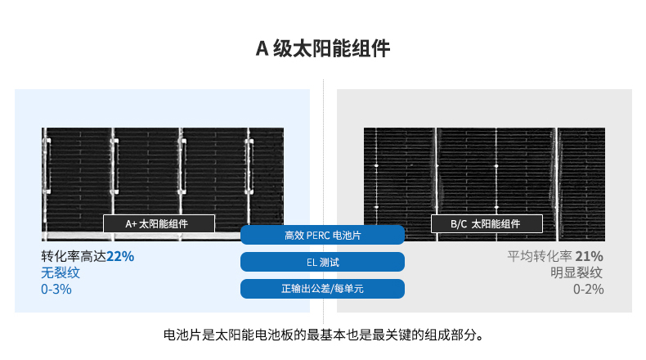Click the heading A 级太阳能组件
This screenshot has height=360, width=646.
323,49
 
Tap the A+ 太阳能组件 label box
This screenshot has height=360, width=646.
159,223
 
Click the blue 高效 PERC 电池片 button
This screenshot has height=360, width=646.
322,236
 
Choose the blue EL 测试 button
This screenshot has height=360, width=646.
322,262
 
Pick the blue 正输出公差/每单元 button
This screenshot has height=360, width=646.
322,289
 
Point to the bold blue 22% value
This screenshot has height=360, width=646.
120,256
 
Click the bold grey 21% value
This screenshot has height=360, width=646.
589,256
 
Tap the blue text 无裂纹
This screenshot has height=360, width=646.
61,272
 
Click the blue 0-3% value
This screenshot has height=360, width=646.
56,289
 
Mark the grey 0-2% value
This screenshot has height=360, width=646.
588,289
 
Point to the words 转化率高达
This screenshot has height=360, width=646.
74,256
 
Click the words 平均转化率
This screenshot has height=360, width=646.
540,256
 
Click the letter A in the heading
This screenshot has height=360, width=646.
262,49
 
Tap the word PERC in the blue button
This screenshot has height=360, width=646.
318,236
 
